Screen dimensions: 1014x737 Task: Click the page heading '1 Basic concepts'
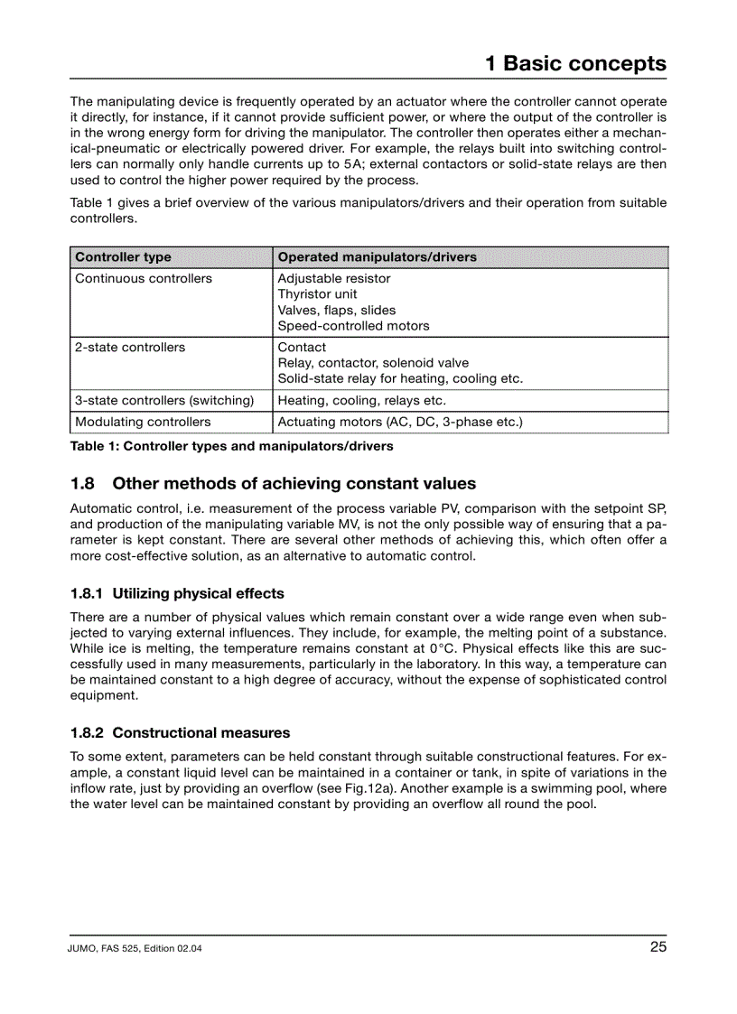click(575, 63)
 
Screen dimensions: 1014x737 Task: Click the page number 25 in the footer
click(658, 947)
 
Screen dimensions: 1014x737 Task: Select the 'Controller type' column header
click(123, 257)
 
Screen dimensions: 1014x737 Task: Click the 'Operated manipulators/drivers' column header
click(377, 257)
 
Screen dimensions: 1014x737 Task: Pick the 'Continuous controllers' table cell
click(144, 278)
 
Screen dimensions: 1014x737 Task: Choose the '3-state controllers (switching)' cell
click(164, 400)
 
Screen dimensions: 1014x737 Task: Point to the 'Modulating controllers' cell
click(143, 422)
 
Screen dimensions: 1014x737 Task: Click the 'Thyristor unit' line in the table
click(317, 294)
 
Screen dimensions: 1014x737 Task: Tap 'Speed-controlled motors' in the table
click(353, 326)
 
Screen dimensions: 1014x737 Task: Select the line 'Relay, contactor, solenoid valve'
click(373, 363)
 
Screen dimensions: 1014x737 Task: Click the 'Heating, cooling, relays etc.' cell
click(361, 400)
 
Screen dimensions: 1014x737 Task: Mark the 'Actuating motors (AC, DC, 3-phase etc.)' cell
click(400, 422)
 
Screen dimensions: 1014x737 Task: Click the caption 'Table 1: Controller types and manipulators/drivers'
click(231, 446)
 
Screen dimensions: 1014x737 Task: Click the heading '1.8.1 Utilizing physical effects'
click(177, 593)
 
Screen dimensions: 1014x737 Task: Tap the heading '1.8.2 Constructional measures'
click(180, 732)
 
